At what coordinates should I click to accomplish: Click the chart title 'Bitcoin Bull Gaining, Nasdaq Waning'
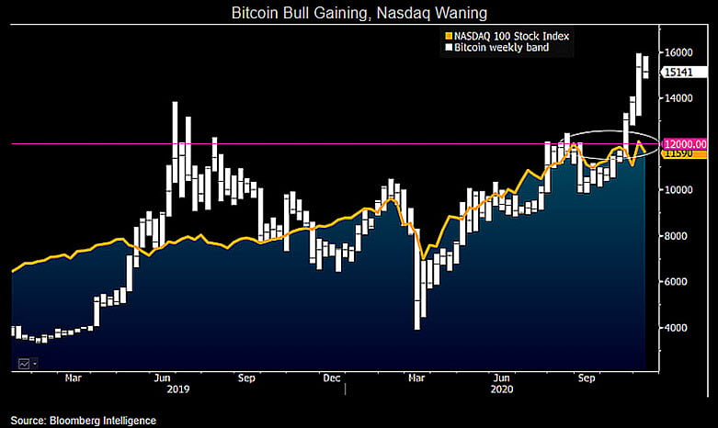tap(358, 14)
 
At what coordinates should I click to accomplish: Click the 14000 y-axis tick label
tap(678, 98)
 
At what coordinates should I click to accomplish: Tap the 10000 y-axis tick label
tap(678, 190)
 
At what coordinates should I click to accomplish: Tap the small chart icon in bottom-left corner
tap(23, 364)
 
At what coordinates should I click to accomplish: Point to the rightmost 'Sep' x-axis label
tap(587, 377)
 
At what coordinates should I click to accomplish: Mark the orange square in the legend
tap(448, 37)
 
